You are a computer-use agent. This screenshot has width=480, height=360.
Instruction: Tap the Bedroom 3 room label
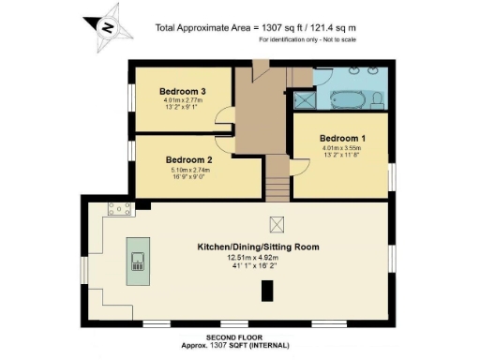point(183,91)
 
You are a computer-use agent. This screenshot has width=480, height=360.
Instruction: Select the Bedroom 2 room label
point(188,160)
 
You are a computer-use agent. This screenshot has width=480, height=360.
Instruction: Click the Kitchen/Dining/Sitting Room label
point(258,247)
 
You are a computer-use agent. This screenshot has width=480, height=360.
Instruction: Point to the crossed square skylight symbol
point(277,223)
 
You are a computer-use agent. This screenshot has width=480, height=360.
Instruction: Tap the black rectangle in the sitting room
point(266,292)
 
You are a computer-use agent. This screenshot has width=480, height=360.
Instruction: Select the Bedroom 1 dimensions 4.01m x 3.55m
point(340,147)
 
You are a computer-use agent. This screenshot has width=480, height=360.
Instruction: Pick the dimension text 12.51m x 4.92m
point(258,259)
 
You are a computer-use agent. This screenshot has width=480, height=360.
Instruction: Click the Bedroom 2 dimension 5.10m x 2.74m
point(188,171)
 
